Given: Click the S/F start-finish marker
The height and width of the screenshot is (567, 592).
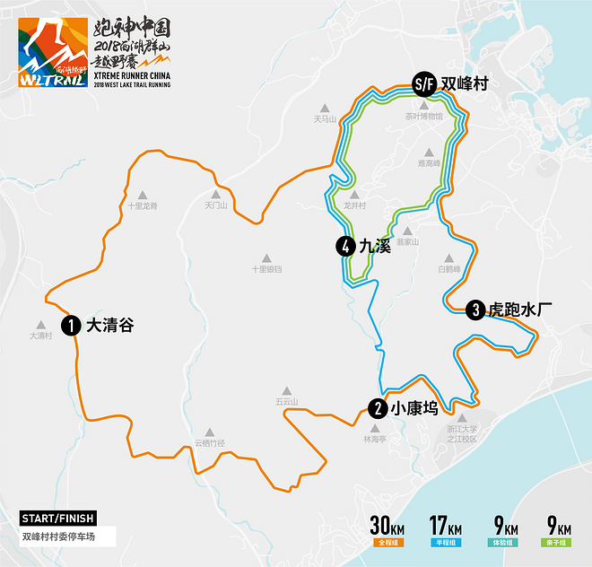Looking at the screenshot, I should pyautogui.click(x=423, y=84).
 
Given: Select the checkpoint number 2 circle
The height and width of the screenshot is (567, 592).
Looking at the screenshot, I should pyautogui.click(x=378, y=408).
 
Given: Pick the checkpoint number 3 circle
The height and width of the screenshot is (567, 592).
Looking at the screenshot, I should pyautogui.click(x=475, y=310).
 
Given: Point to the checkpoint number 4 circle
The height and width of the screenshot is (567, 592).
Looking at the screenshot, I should pyautogui.click(x=344, y=245).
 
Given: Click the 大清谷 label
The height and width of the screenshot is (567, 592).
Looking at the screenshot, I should pyautogui.click(x=109, y=326).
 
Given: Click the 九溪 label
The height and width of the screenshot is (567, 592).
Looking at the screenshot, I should pyautogui.click(x=375, y=245).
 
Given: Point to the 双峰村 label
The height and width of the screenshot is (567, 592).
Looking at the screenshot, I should pyautogui.click(x=464, y=84).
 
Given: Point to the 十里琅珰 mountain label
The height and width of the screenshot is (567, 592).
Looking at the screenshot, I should pyautogui.click(x=266, y=269).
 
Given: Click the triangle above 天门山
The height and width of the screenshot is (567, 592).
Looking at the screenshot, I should pyautogui.click(x=215, y=194).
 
